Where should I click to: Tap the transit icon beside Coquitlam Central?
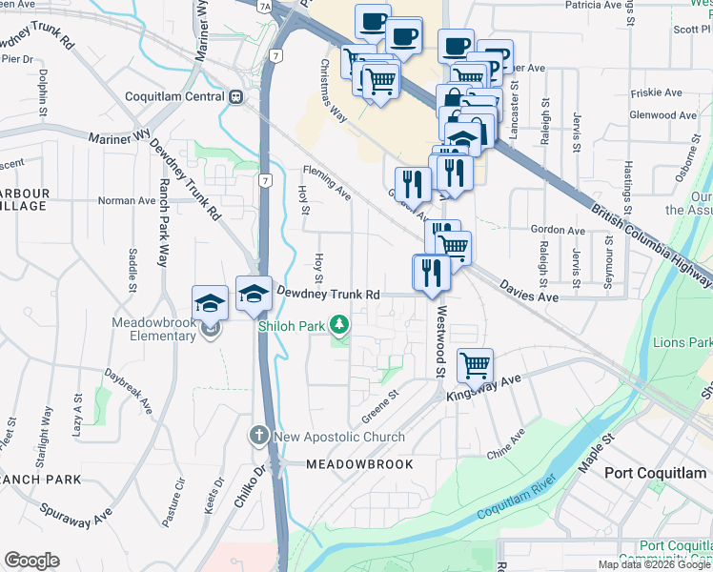[x=234, y=97]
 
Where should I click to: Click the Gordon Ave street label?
[x=557, y=230]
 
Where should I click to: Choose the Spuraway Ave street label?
[x=76, y=518]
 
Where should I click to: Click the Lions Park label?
[x=681, y=342]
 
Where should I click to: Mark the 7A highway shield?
[x=265, y=7]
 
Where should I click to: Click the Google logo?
[x=31, y=561]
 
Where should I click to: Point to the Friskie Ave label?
[x=656, y=93]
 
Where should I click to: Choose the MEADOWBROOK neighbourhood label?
[x=359, y=464]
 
